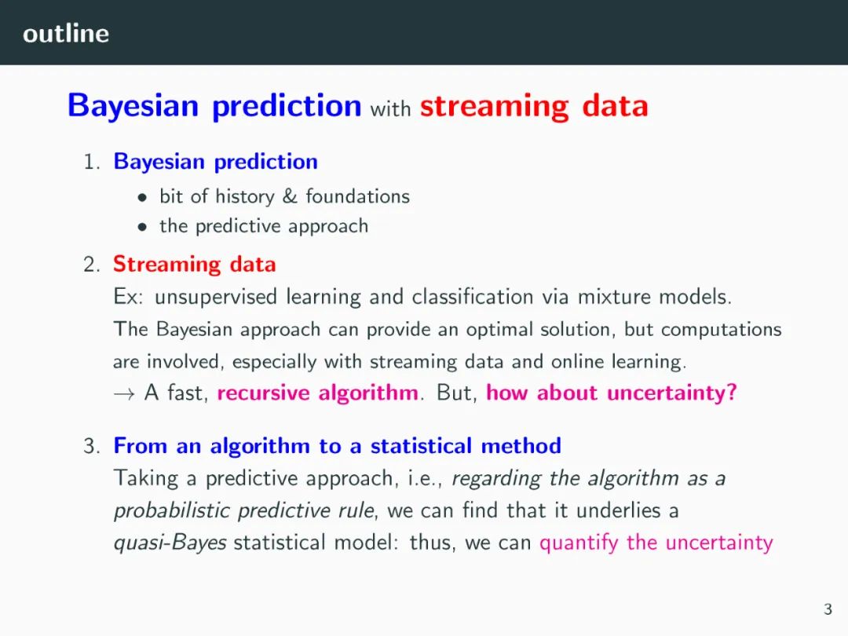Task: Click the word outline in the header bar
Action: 66,34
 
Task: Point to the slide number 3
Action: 828,609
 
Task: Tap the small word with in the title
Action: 390,108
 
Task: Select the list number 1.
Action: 91,162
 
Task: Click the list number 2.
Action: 91,265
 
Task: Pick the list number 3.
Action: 91,446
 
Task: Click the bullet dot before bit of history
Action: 142,198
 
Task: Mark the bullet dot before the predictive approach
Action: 142,228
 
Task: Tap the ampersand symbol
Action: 290,196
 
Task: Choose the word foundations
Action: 357,196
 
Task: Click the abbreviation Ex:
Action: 128,297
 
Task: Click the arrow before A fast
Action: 124,394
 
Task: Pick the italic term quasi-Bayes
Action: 170,543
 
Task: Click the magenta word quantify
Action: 579,543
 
